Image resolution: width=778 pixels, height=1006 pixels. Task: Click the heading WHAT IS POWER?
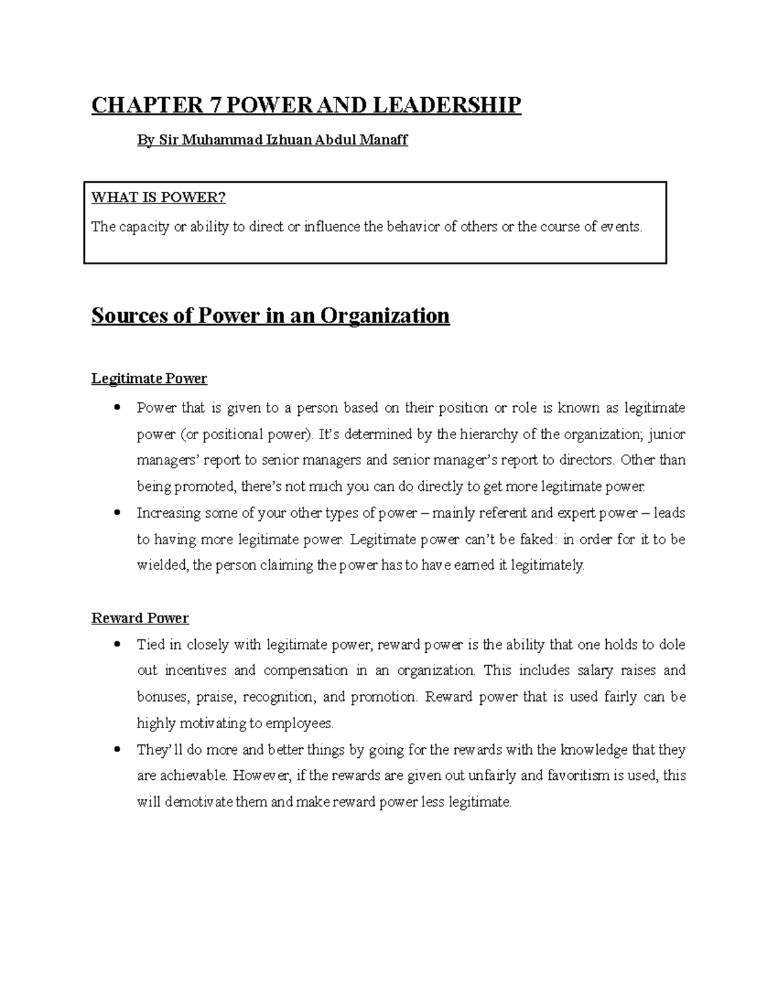tap(158, 198)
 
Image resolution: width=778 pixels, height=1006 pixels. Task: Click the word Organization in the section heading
tap(385, 315)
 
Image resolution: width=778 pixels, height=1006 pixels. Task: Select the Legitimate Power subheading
tap(149, 378)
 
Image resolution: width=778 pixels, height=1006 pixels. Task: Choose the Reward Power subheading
tap(140, 618)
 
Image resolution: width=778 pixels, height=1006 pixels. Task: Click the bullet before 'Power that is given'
tap(117, 408)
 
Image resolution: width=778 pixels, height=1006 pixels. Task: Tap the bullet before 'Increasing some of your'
tap(117, 513)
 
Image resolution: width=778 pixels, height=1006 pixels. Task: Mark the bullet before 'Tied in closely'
tap(117, 645)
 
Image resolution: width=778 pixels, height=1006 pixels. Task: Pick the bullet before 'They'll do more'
tap(117, 750)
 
